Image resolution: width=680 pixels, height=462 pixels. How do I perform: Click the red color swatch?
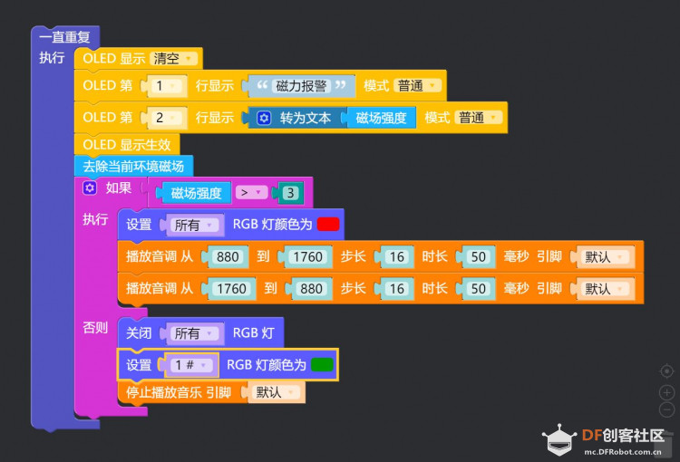[328, 225]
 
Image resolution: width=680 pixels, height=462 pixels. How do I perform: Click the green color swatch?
[322, 365]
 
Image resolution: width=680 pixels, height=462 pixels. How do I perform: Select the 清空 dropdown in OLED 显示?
[173, 59]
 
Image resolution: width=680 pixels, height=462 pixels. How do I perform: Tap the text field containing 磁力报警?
[301, 86]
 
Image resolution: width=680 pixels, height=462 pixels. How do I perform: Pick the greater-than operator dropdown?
[251, 192]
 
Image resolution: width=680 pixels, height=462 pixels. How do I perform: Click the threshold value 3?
[290, 193]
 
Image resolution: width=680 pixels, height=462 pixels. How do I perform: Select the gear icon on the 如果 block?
[90, 188]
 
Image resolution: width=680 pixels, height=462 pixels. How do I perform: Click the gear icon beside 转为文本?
[264, 118]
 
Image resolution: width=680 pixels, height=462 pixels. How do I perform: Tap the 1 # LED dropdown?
[191, 365]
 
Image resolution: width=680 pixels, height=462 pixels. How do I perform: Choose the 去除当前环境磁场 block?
[133, 166]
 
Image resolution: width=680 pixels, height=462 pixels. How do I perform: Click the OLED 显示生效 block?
[127, 144]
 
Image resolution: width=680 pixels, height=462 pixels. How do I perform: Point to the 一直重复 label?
[64, 37]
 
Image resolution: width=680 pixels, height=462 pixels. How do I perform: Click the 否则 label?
[95, 328]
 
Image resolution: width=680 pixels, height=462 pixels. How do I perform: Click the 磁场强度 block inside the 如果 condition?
[196, 193]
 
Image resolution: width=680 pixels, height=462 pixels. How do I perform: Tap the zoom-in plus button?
[666, 392]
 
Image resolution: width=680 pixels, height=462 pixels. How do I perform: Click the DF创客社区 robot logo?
[559, 439]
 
